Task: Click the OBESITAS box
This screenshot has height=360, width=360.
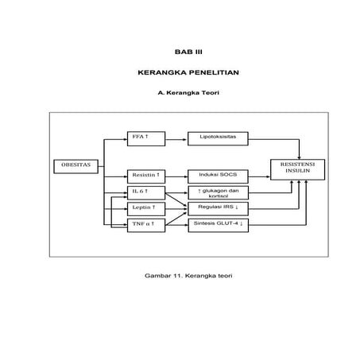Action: [x=76, y=165]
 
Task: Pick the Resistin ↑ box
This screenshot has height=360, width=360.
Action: [x=145, y=174]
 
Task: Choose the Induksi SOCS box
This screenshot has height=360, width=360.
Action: [x=217, y=174]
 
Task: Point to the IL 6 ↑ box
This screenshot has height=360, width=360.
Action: [x=145, y=192]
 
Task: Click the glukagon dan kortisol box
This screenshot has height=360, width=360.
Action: [x=217, y=192]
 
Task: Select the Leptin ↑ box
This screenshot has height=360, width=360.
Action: [x=145, y=207]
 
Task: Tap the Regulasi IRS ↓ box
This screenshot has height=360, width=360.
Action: [x=217, y=207]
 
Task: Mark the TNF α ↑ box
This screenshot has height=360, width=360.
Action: [x=145, y=224]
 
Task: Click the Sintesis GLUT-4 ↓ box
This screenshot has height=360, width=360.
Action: [x=217, y=224]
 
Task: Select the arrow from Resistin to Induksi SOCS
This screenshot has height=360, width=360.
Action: [x=176, y=174]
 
